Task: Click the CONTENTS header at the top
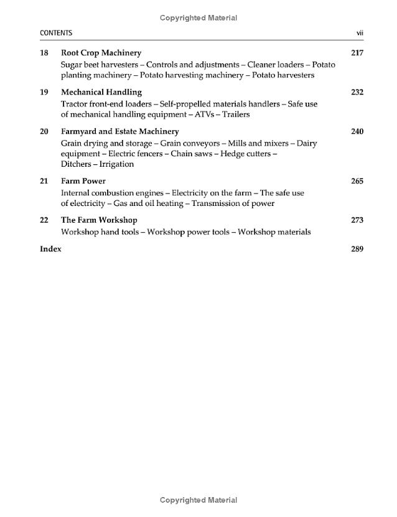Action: [x=56, y=33]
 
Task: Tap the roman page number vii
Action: [x=359, y=33]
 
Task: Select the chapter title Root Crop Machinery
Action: [x=101, y=53]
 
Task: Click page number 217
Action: [x=357, y=53]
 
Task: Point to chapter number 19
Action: [x=44, y=92]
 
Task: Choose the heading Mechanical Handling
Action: [x=101, y=92]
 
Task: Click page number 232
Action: [x=357, y=92]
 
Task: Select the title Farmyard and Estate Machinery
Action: [x=119, y=131]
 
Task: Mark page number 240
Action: [x=357, y=131]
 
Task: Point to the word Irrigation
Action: [x=116, y=164]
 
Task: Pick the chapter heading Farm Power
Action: [x=83, y=181]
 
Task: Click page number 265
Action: [x=357, y=181]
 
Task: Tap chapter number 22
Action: [x=44, y=220]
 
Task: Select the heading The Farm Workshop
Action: [x=99, y=220]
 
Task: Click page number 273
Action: [x=357, y=220]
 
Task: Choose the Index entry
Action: [x=50, y=249]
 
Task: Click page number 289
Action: [x=357, y=249]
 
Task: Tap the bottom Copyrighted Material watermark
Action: [x=198, y=500]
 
